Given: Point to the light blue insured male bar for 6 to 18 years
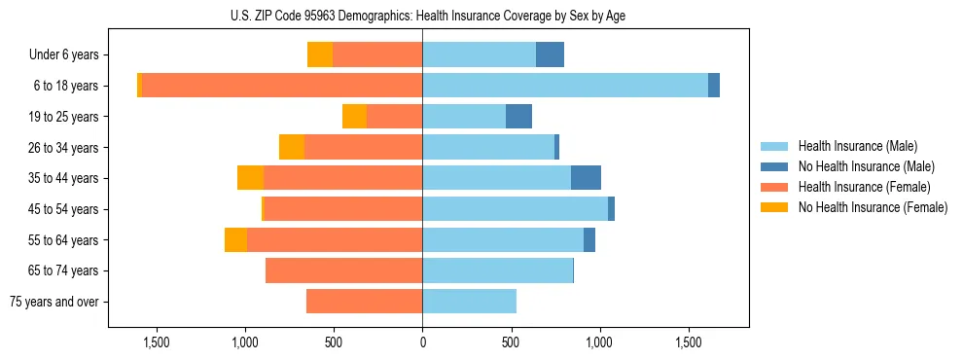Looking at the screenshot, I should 564,86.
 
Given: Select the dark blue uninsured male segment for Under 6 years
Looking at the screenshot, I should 550,54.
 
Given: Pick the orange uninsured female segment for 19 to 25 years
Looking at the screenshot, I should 354,117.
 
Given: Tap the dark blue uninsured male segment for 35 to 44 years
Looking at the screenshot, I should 586,178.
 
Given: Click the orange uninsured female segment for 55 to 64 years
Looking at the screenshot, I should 235,240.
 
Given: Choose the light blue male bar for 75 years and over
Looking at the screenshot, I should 469,302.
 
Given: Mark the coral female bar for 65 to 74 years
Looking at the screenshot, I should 343,270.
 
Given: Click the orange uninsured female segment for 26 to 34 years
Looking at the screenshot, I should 292,147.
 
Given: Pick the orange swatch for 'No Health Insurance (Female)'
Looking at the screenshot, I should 774,207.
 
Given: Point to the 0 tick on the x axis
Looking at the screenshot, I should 422,342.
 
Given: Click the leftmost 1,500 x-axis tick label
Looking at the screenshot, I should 157,342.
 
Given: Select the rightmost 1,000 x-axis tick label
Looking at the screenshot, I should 599,342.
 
